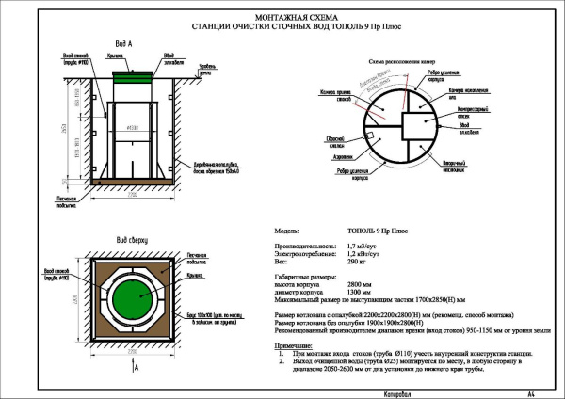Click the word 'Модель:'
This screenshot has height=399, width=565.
(x=286, y=230)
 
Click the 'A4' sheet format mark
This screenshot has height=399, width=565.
(x=531, y=391)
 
